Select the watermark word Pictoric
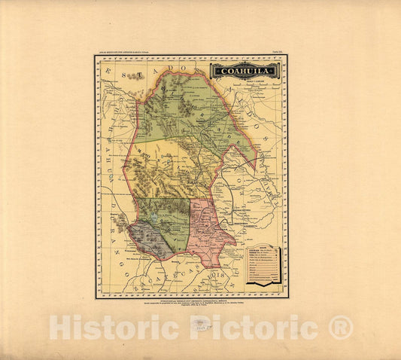click(249, 328)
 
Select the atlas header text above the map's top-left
click(128, 53)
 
